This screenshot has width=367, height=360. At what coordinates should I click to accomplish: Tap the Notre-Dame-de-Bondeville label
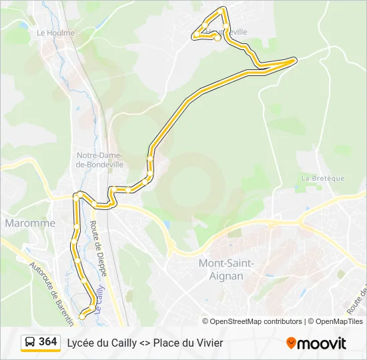pyautogui.click(x=100, y=159)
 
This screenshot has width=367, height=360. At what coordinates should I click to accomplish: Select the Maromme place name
pyautogui.click(x=30, y=223)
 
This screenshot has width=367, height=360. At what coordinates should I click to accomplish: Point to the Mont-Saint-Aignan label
pyautogui.click(x=226, y=269)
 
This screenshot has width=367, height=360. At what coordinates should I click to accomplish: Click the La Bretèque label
pyautogui.click(x=322, y=178)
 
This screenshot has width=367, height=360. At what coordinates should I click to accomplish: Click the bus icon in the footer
pyautogui.click(x=30, y=343)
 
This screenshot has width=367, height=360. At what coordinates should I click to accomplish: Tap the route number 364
pyautogui.click(x=47, y=342)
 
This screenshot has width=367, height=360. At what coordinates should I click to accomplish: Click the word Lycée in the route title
pyautogui.click(x=81, y=343)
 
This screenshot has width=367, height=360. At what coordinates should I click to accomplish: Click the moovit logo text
pyautogui.click(x=322, y=343)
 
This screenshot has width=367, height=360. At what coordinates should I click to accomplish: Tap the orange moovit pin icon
pyautogui.click(x=291, y=343)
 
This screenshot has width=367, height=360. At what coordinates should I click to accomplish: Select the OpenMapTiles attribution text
pyautogui.click(x=340, y=321)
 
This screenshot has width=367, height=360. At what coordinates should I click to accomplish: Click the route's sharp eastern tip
pyautogui.click(x=294, y=60)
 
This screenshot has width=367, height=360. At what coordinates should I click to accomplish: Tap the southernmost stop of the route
pyautogui.click(x=82, y=317)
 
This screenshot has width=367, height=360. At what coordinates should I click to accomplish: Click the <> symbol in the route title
pyautogui.click(x=145, y=343)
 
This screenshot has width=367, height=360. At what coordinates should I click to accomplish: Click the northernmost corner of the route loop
pyautogui.click(x=224, y=9)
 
